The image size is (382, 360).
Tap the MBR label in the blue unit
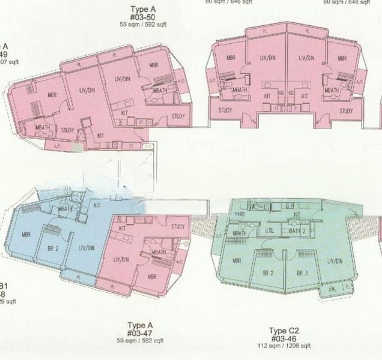(x=26, y=235)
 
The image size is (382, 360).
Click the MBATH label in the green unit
(x=238, y=233)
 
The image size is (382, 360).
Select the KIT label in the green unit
(x=296, y=214)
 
